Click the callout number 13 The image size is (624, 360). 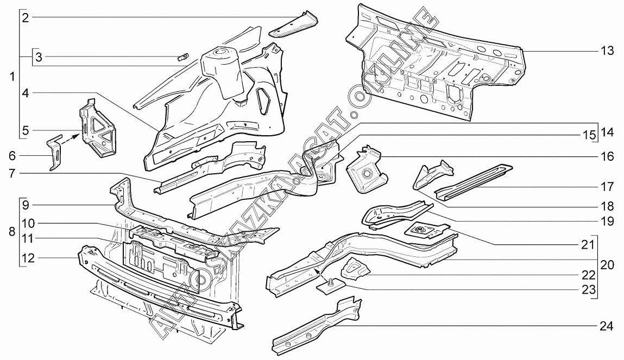tap(607, 51)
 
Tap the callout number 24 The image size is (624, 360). tap(607, 326)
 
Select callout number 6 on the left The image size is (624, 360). tap(12, 155)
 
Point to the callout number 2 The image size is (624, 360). tap(26, 17)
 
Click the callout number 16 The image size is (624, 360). tap(607, 156)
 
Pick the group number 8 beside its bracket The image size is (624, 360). tap(12, 231)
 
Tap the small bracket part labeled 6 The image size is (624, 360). tap(55, 153)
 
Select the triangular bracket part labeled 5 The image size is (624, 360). tap(98, 127)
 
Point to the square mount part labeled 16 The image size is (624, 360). tap(366, 169)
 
